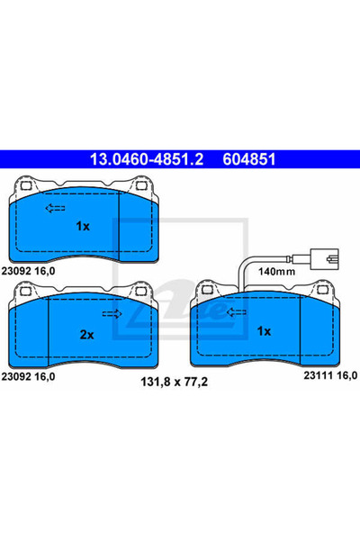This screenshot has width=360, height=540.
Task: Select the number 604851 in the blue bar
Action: click(240, 159)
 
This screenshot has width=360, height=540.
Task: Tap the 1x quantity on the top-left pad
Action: click(83, 226)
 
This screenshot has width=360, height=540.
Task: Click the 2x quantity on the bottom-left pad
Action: click(86, 334)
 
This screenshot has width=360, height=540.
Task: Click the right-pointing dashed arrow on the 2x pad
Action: click(113, 314)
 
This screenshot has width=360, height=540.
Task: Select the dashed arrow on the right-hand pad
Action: click(237, 314)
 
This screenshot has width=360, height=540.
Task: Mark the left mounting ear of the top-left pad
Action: click(27, 186)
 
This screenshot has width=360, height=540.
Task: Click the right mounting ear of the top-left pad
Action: click(144, 187)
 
